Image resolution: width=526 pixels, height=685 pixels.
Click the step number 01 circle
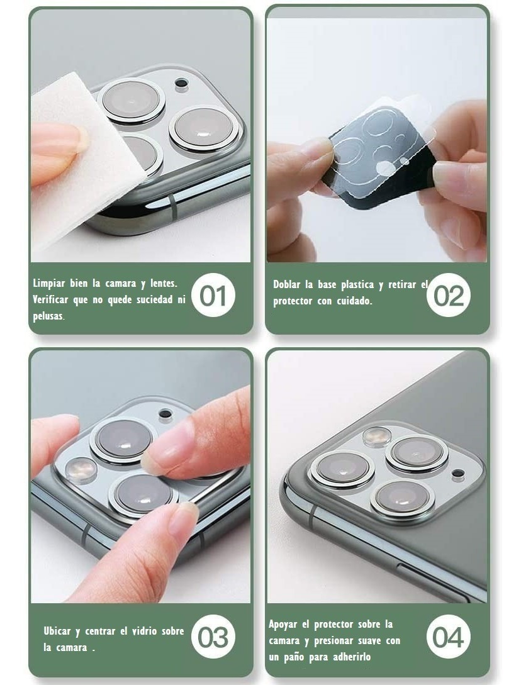click(x=213, y=295)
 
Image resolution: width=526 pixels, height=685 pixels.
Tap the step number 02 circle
click(x=448, y=295)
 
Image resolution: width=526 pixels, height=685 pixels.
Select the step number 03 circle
click(x=213, y=637)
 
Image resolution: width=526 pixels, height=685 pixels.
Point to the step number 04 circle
click(x=448, y=637)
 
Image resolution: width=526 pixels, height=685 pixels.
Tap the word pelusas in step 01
click(x=48, y=316)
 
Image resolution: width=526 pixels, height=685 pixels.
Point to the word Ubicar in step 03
click(x=57, y=631)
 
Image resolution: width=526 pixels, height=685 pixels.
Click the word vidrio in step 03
click(x=145, y=631)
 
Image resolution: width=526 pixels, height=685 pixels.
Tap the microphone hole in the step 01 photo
click(x=181, y=82)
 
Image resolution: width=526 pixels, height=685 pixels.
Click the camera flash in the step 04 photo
click(x=377, y=437)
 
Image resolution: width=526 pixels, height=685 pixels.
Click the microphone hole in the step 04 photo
click(x=457, y=473)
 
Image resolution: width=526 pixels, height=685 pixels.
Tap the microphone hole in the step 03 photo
click(x=165, y=413)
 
